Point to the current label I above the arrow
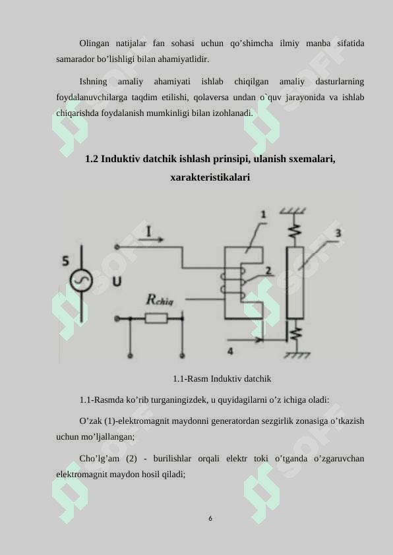click(x=149, y=231)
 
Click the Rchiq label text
click(x=160, y=301)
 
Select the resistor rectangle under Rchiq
click(x=156, y=318)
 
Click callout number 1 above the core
click(x=263, y=214)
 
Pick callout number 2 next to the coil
click(x=268, y=270)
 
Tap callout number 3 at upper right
click(x=338, y=233)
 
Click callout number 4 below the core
click(x=230, y=351)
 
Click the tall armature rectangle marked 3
click(x=295, y=283)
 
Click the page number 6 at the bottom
click(x=210, y=519)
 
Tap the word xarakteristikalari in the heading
click(x=210, y=177)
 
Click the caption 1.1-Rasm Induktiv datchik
click(x=222, y=379)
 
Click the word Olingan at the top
click(x=94, y=44)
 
